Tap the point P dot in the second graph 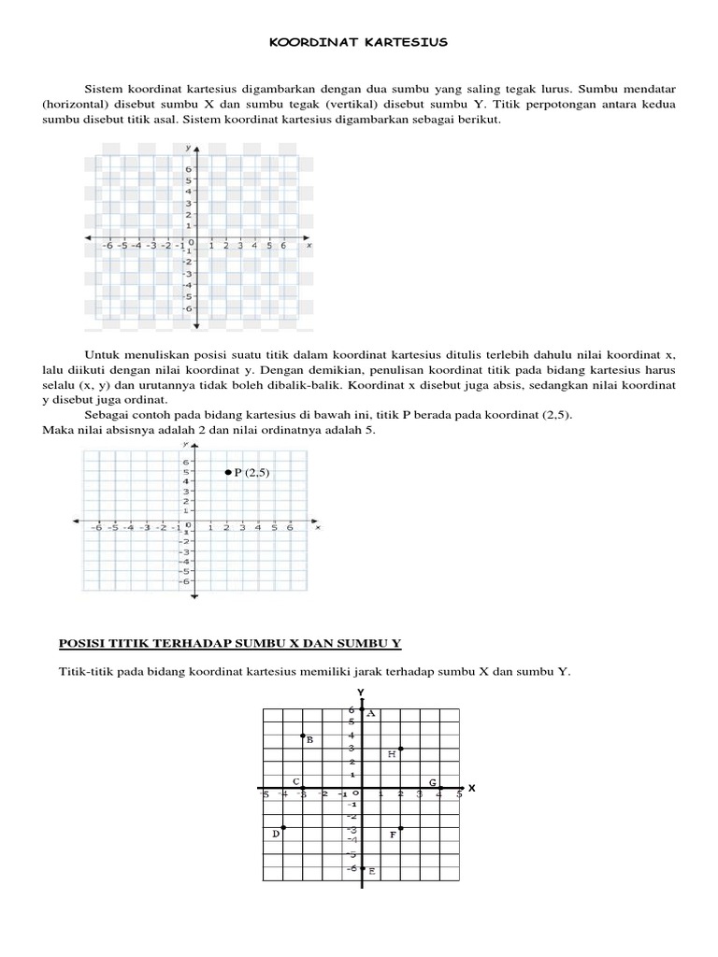tap(227, 474)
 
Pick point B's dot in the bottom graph tap(302, 736)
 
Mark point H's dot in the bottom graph tap(400, 749)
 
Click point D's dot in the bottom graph tap(283, 828)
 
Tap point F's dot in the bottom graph tap(400, 828)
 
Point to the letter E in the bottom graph tap(371, 872)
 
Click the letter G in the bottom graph tap(432, 781)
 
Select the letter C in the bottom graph tap(295, 781)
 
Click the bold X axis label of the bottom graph tap(471, 789)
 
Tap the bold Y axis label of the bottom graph tap(360, 693)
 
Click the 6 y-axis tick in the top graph tap(187, 169)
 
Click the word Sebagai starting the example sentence tap(107, 415)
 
